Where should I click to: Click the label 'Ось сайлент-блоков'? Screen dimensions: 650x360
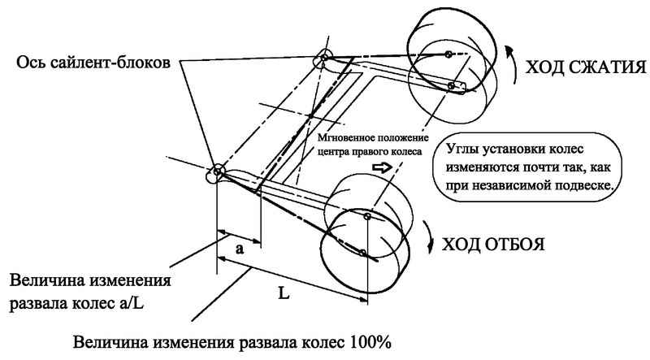pos(93,63)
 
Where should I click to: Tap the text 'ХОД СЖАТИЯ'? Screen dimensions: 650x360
pos(586,67)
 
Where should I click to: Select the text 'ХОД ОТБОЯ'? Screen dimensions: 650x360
pos(493,245)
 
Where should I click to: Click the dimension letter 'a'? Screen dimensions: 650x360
pos(239,249)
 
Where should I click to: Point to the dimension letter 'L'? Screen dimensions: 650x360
pos(284,293)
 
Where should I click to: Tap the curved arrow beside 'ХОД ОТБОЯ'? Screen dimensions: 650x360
pos(429,236)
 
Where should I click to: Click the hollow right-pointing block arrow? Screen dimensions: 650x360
pos(382,167)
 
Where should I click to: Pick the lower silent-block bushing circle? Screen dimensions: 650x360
pos(218,171)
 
